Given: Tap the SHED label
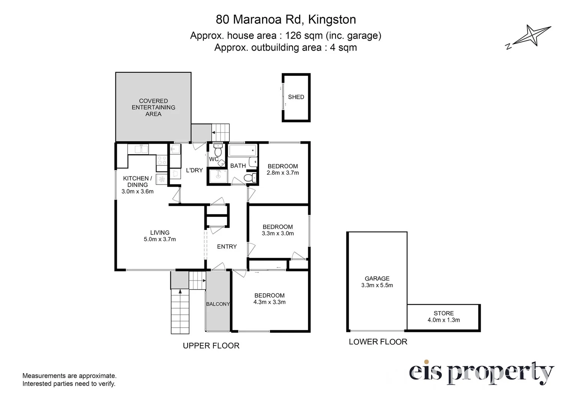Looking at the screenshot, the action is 296,97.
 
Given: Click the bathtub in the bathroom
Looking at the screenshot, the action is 242,150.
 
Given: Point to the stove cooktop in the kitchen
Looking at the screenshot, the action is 162,160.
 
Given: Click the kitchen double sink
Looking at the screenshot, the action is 141,149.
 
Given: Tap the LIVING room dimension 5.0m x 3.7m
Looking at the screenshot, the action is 160,239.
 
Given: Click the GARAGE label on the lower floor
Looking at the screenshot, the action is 377,279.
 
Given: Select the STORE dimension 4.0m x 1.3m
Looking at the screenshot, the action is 444,320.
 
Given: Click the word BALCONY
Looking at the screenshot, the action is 218,304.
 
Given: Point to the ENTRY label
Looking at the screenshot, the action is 227,247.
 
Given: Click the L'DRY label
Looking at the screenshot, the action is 194,170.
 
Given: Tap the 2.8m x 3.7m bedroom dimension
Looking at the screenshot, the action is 283,173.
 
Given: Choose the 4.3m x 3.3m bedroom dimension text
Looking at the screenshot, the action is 270,302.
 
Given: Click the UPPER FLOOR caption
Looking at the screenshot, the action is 211,346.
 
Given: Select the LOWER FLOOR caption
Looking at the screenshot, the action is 378,342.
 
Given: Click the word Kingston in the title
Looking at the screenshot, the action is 332,19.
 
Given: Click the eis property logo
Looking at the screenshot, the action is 482,373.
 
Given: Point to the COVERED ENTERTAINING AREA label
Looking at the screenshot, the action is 154,108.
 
